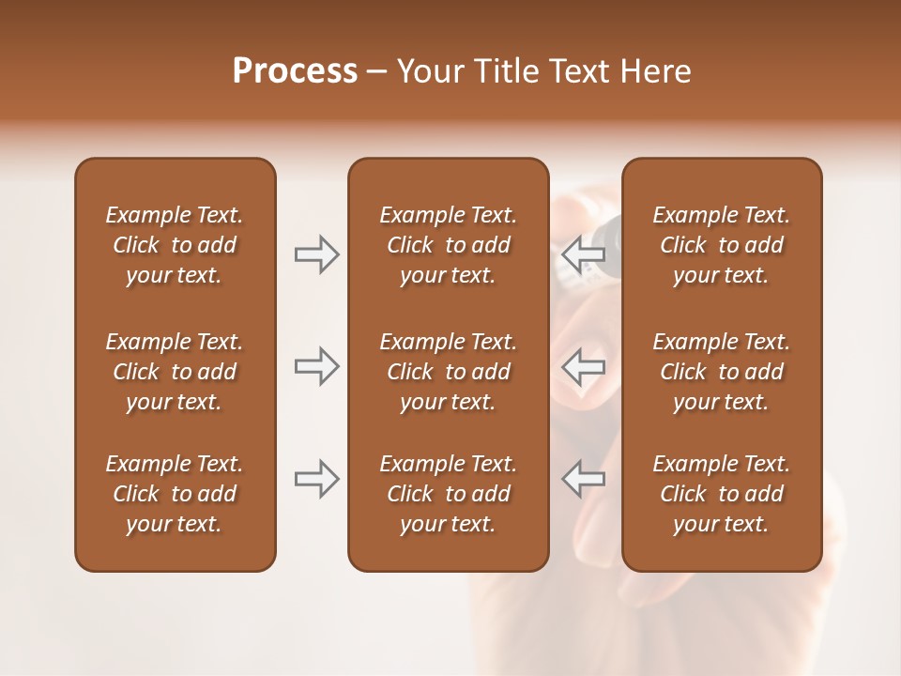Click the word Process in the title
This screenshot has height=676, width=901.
click(x=295, y=71)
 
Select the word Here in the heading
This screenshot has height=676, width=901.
click(x=655, y=71)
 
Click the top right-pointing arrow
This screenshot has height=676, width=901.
click(x=317, y=254)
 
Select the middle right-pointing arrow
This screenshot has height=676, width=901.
click(x=317, y=366)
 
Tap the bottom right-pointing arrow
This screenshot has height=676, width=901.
click(x=317, y=479)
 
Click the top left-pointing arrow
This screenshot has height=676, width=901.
click(x=583, y=254)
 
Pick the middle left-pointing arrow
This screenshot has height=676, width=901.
click(x=583, y=366)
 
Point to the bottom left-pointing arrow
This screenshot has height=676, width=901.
click(x=583, y=479)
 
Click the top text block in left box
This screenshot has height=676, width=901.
click(x=175, y=245)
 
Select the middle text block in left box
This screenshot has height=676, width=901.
click(x=175, y=372)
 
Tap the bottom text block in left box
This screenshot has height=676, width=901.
click(x=175, y=494)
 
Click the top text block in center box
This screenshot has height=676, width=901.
click(x=448, y=245)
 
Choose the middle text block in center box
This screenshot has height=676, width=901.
click(x=448, y=372)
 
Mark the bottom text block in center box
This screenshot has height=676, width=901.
click(x=448, y=494)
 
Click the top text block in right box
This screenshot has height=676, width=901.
click(x=722, y=245)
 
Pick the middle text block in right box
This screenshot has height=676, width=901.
click(x=722, y=372)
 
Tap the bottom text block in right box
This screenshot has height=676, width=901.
click(x=722, y=494)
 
